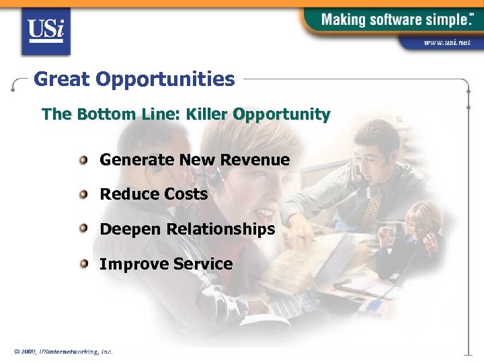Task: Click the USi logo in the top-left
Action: (x=46, y=30)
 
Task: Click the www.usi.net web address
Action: (x=447, y=43)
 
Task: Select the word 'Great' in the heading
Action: (x=62, y=79)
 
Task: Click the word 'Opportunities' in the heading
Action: (x=165, y=80)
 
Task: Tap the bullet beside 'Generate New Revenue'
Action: (x=83, y=160)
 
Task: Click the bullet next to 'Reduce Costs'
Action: (x=83, y=194)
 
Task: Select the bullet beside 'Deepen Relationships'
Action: (x=83, y=229)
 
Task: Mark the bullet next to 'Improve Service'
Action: (x=83, y=264)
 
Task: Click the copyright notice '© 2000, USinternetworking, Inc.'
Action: (x=63, y=352)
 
